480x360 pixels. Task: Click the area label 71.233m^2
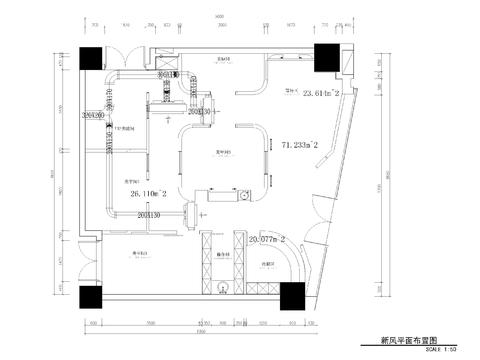(299, 145)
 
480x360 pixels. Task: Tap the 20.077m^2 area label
(267, 240)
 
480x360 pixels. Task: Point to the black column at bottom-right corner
(292, 296)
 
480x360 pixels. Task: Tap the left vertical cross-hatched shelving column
(208, 264)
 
